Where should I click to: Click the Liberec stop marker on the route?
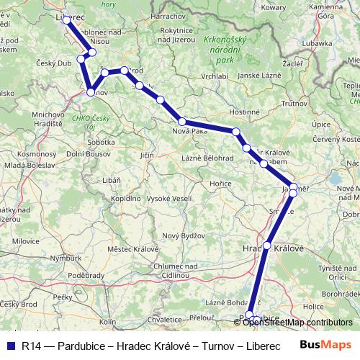tap(67, 20)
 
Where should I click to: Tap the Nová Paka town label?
tap(190, 132)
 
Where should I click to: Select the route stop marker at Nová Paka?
tap(182, 122)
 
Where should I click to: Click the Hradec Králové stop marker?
tap(267, 246)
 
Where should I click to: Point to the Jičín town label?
tap(147, 155)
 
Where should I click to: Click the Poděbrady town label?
tap(86, 275)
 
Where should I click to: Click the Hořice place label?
tap(220, 184)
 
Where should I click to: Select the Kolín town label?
tap(107, 322)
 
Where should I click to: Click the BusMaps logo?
tap(325, 345)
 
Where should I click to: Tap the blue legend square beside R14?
tap(10, 346)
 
